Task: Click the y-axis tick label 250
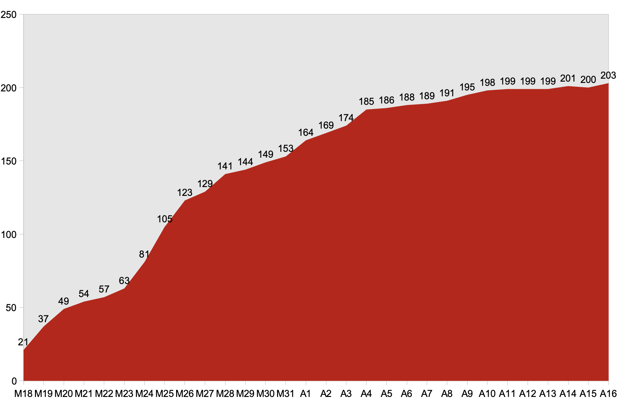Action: [8, 15]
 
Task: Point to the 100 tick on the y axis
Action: [8, 234]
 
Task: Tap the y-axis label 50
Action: [11, 308]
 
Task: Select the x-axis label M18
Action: [23, 394]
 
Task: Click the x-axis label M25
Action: [164, 394]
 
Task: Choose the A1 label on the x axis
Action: [305, 394]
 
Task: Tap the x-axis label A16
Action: [608, 394]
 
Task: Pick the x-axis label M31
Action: [286, 394]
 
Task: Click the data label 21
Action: [23, 342]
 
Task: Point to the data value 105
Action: [165, 219]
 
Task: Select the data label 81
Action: [144, 254]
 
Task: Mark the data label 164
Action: [306, 133]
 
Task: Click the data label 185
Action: [366, 102]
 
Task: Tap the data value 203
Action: [608, 75]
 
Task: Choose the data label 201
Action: [568, 78]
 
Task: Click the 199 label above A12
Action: [528, 81]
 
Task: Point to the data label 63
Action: [124, 281]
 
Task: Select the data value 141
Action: [225, 166]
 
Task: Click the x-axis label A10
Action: [487, 394]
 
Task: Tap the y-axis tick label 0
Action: [14, 381]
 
